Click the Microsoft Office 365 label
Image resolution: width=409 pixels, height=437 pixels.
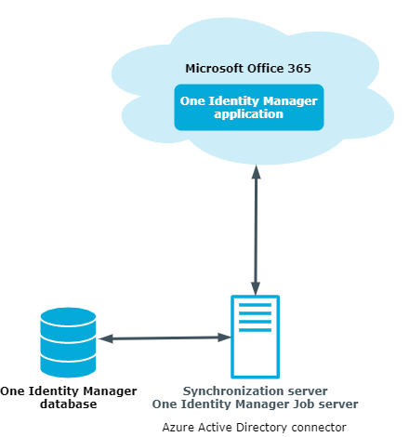[248, 69]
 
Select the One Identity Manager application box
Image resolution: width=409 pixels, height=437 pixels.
[249, 107]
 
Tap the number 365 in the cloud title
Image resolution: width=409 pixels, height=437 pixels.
[299, 69]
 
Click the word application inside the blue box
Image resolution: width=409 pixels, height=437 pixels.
[248, 114]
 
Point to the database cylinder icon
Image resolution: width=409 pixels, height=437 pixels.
[68, 342]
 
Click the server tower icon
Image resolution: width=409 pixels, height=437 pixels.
[256, 337]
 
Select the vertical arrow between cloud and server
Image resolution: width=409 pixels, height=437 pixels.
[256, 230]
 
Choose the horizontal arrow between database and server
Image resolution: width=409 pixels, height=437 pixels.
[165, 338]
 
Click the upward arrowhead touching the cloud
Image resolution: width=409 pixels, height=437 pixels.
[256, 171]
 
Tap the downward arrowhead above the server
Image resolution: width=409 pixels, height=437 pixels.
[256, 288]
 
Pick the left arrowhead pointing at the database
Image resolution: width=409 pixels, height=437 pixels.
[106, 338]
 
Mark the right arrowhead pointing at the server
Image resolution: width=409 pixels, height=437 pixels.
[225, 338]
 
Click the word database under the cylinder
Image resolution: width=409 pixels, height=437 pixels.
[69, 404]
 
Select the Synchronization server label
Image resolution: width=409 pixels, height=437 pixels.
[255, 391]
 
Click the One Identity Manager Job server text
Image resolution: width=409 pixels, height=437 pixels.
[255, 404]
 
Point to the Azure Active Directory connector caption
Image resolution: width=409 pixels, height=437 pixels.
[255, 428]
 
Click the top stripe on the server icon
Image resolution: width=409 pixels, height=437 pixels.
[256, 305]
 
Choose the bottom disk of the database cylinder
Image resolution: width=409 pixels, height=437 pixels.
[68, 366]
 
